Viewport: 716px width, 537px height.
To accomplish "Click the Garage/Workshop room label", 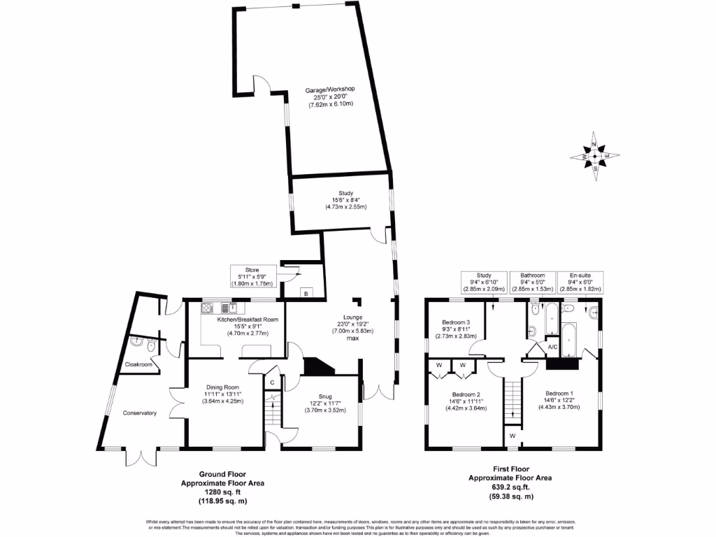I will pos(330,89).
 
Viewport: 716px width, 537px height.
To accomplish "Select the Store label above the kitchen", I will pos(252,269).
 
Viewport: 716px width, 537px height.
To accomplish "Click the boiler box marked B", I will pos(305,293).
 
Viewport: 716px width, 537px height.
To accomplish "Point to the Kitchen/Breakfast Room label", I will pos(248,320).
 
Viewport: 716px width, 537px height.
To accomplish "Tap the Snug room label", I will pos(322,396).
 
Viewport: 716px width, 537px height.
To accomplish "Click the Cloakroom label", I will pos(138,364).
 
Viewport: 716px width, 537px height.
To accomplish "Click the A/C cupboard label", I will pos(552,347).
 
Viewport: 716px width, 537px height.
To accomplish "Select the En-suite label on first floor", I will pos(580,275).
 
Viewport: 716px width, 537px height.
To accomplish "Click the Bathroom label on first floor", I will pos(531,275).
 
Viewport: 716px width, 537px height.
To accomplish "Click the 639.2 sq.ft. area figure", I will pos(510,487).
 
